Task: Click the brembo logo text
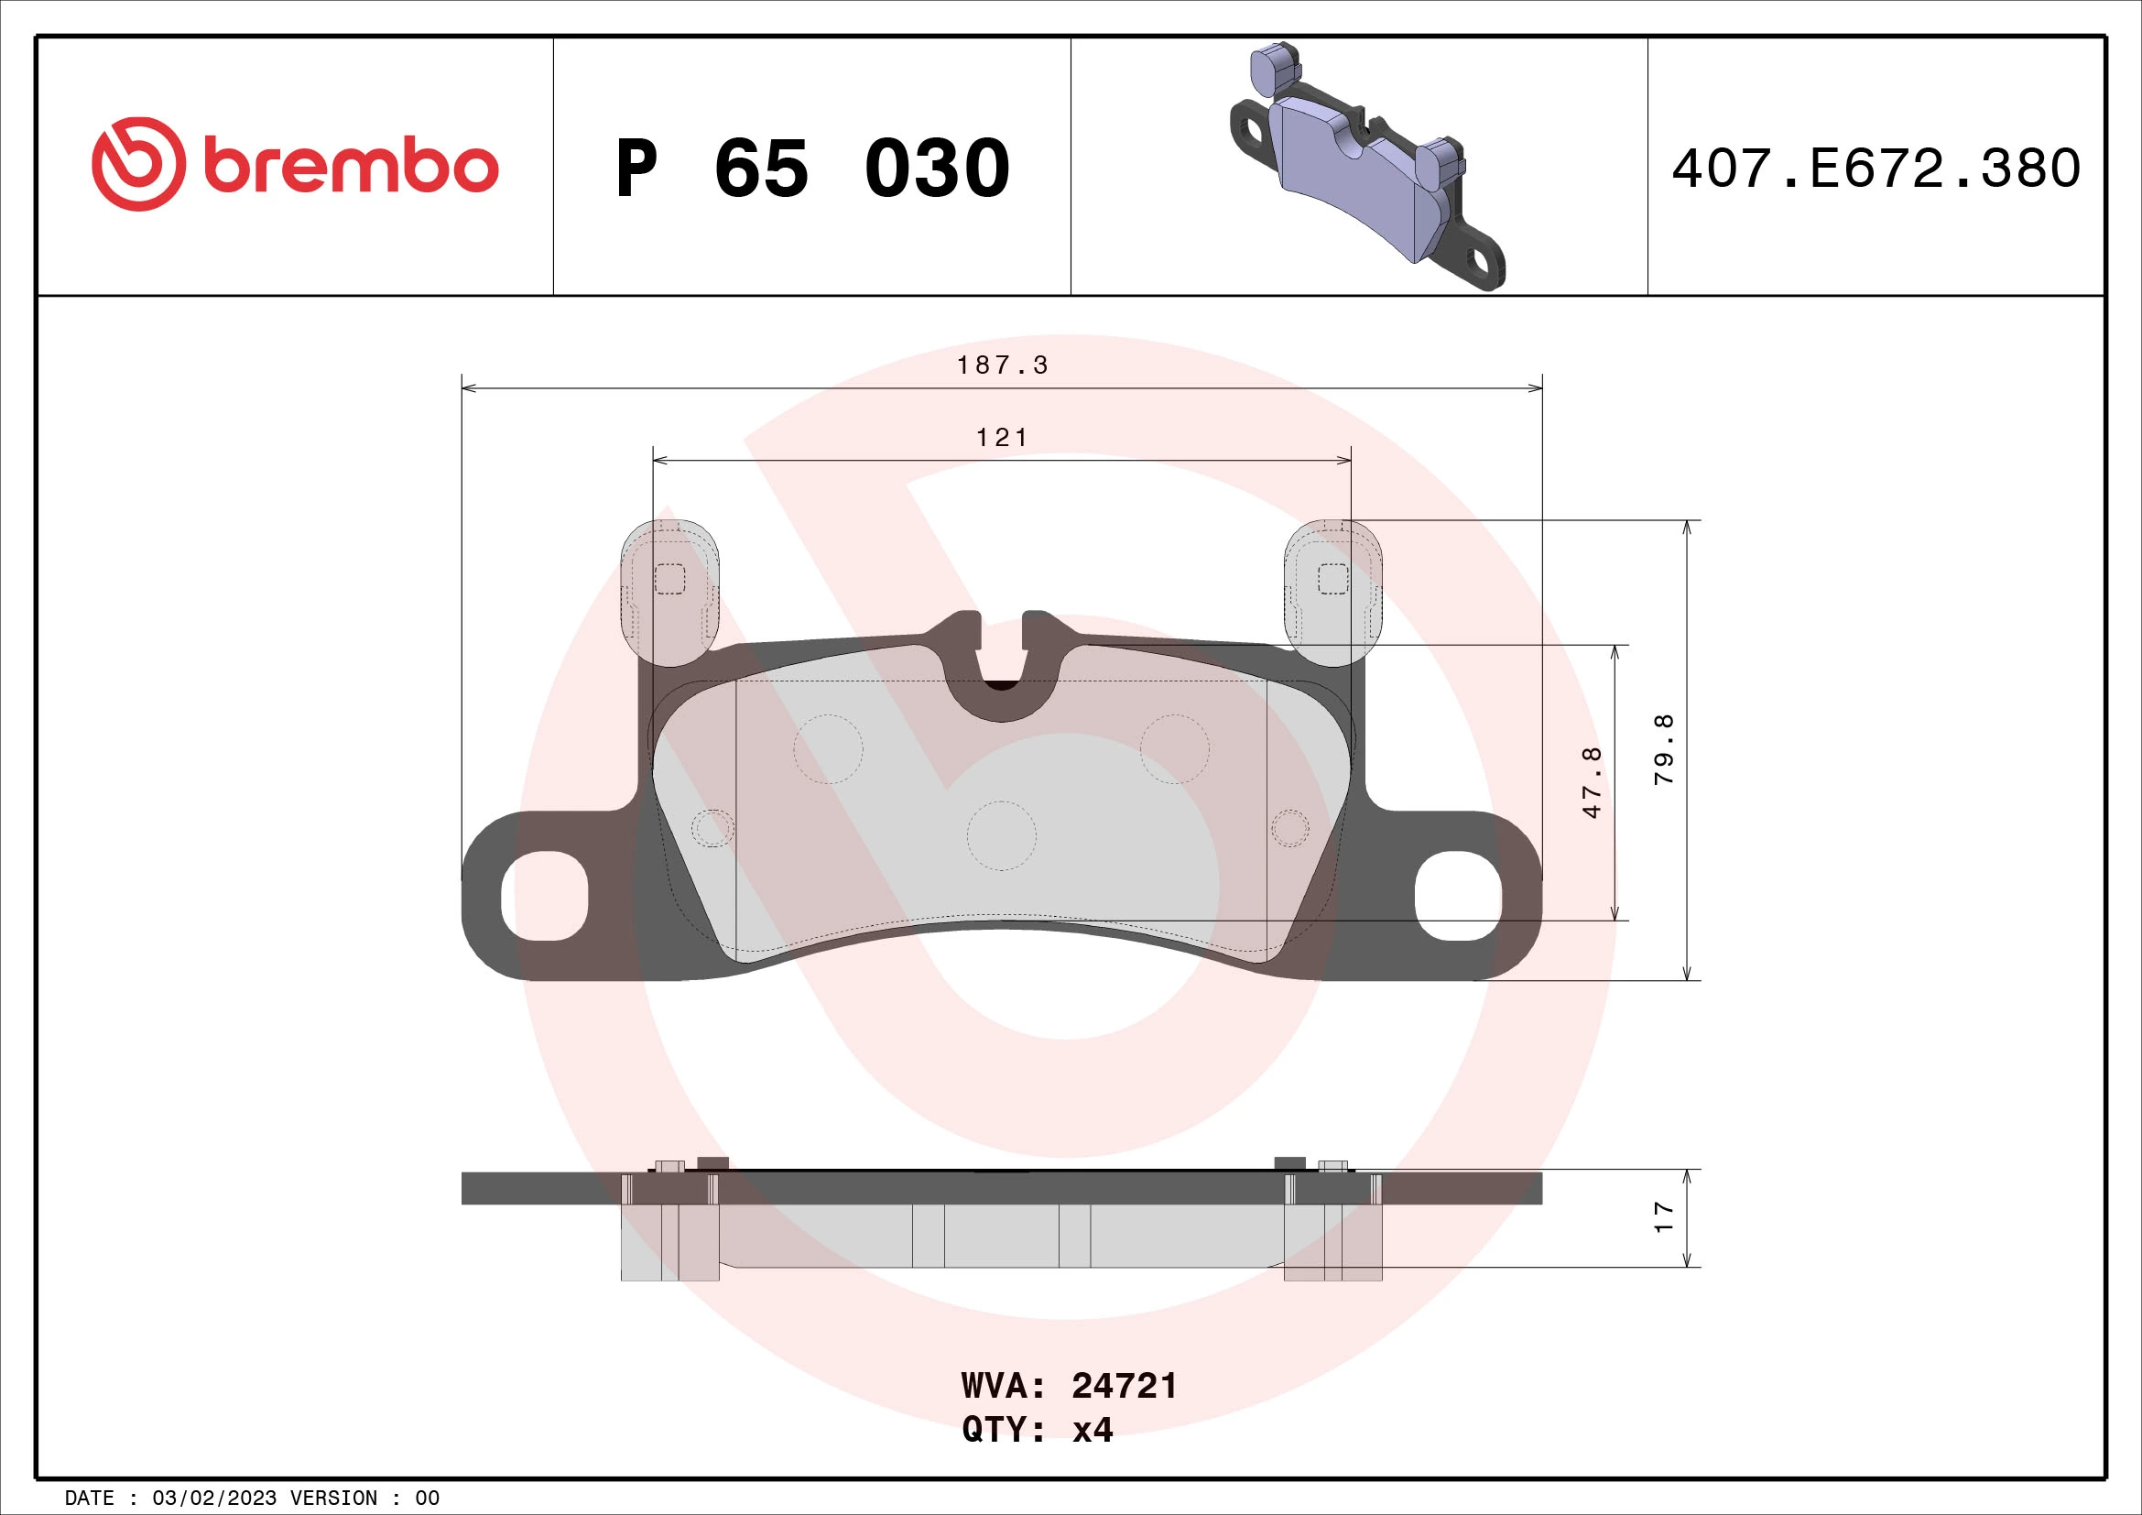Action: click(350, 167)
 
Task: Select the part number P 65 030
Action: click(811, 169)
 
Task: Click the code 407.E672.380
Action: click(1876, 169)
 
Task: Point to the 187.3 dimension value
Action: click(1002, 365)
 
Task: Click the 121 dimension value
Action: click(1002, 438)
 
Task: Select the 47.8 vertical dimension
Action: click(1592, 782)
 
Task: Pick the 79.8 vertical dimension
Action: click(1663, 749)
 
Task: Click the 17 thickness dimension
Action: click(1663, 1217)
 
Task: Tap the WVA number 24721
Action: click(1125, 1386)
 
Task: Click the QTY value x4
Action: click(1093, 1430)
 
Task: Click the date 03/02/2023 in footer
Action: click(213, 1499)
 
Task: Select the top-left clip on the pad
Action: click(669, 593)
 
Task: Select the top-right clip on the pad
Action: click(1333, 593)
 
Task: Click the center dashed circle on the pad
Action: click(1002, 836)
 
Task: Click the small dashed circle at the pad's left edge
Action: click(712, 827)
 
